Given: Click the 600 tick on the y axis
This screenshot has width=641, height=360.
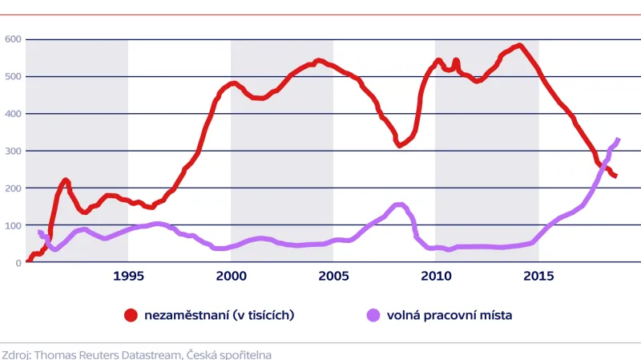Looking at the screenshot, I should (x=12, y=38).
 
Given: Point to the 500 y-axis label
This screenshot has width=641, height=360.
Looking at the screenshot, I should (x=12, y=76).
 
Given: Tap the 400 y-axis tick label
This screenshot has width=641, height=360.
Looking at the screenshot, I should (x=12, y=113).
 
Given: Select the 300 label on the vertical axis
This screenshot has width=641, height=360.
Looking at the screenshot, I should (x=12, y=151).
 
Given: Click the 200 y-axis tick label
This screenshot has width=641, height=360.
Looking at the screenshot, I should (x=12, y=188).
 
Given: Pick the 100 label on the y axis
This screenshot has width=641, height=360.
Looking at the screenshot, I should (x=12, y=225).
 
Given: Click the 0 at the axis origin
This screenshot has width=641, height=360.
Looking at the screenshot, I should (x=18, y=262).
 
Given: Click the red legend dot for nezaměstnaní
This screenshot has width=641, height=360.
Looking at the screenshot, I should (x=131, y=315).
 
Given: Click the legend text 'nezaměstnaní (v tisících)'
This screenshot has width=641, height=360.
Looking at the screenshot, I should (x=219, y=315).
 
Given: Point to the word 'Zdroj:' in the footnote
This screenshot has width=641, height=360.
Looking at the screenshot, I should (x=17, y=353).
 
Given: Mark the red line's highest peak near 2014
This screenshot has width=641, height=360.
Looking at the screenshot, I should (x=519, y=45).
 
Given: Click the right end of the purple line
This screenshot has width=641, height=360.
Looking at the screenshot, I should (x=618, y=140).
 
